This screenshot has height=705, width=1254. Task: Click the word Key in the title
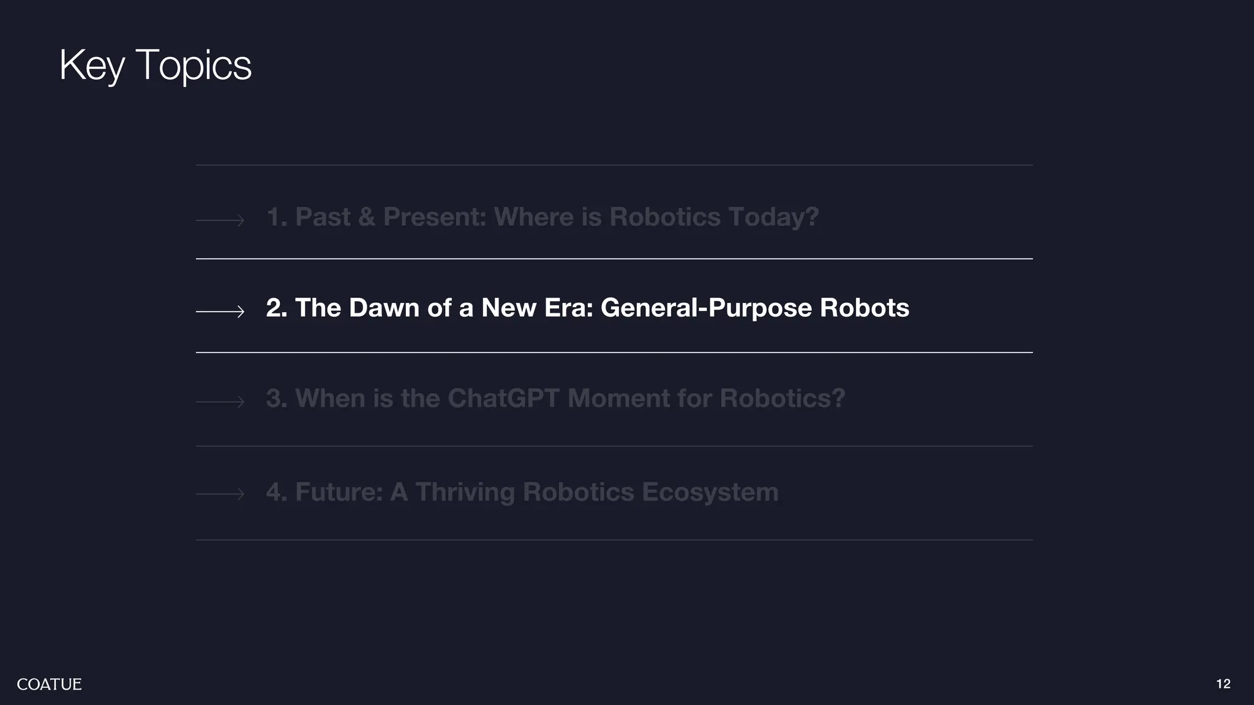92,65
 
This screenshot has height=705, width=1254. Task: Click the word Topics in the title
193,65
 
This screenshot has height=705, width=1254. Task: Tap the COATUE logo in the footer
49,684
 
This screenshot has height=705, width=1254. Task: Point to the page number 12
1223,684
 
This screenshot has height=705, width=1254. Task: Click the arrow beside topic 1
220,220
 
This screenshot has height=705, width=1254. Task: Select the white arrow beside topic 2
220,312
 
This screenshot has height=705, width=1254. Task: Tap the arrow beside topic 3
220,402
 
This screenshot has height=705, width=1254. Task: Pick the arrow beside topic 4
220,494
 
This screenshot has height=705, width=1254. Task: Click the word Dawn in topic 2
384,308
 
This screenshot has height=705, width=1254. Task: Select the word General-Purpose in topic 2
706,308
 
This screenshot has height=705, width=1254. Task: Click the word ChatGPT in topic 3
503,398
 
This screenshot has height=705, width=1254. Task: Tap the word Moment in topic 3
618,398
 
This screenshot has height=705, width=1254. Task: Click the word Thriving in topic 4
465,493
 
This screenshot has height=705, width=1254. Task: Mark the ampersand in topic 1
367,217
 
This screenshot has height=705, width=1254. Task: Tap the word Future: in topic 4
339,493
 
